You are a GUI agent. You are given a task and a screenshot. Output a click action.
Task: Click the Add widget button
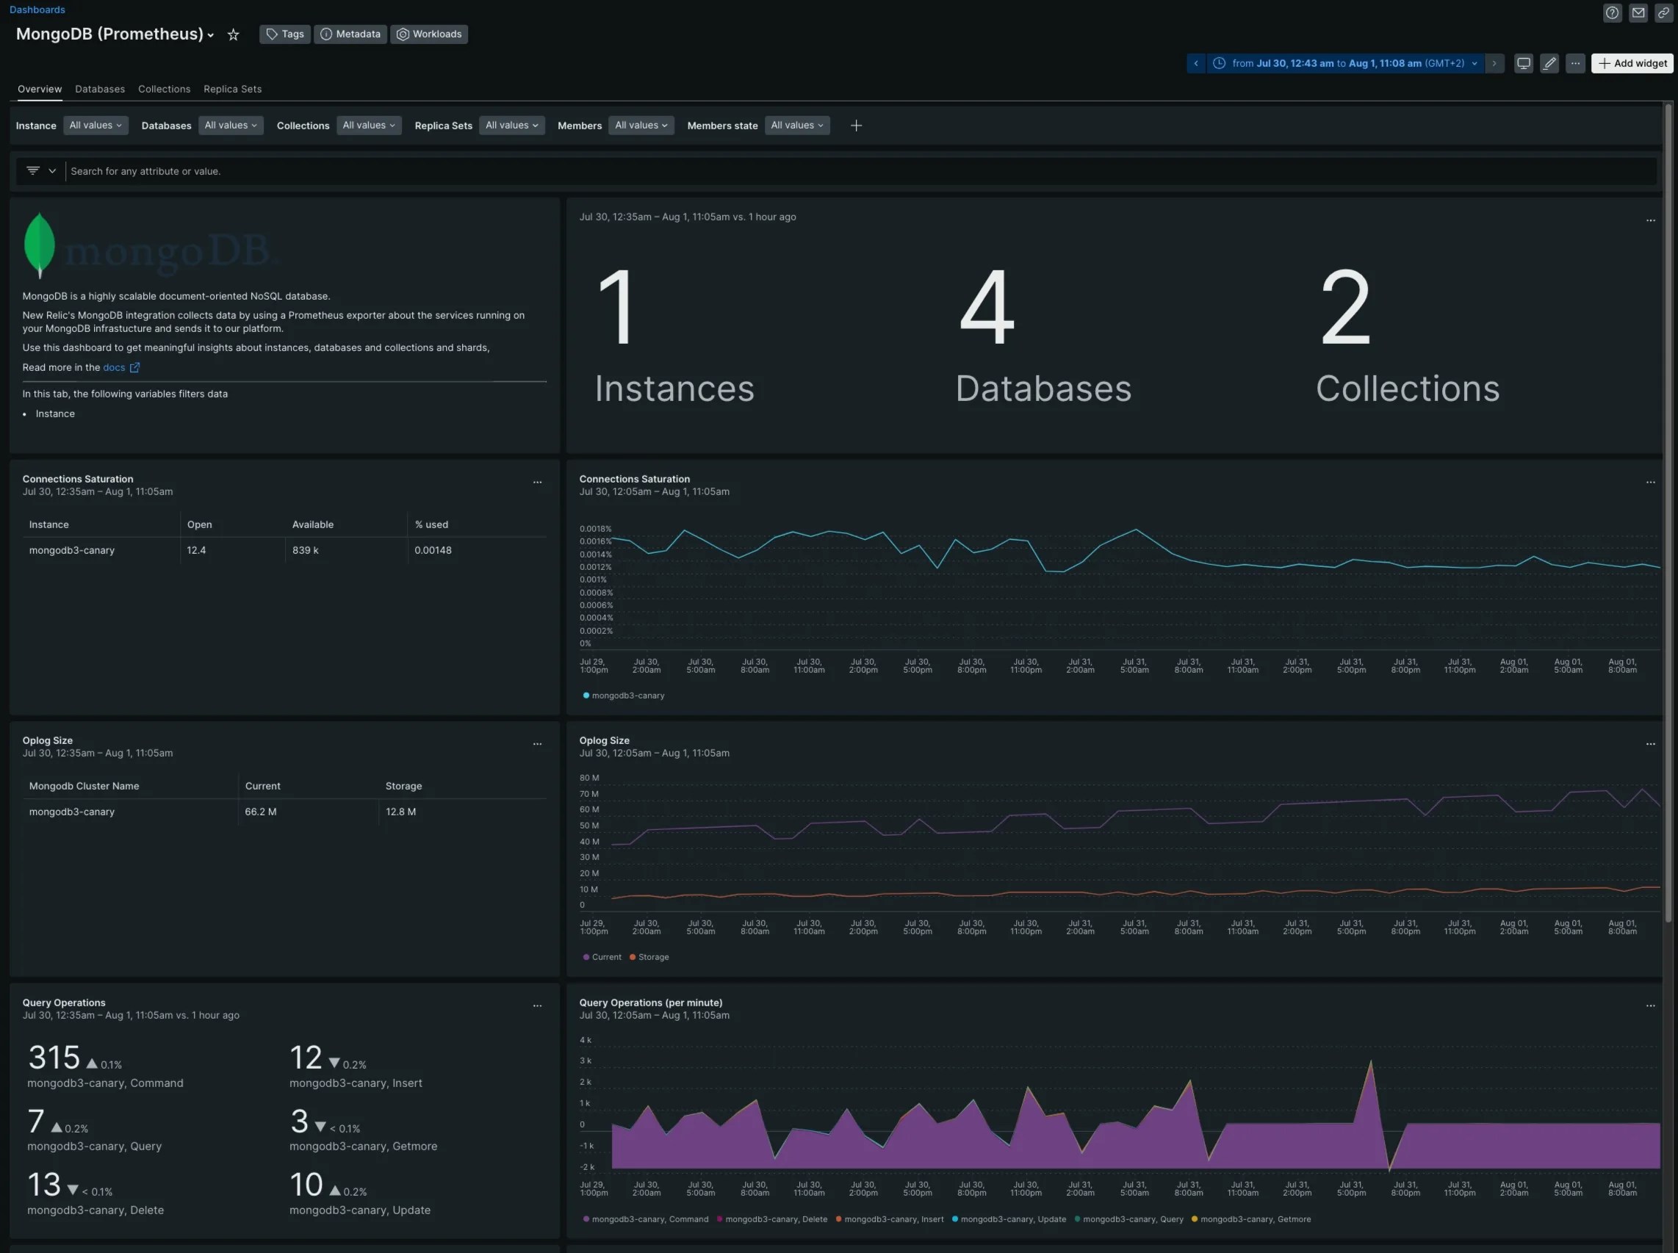point(1632,64)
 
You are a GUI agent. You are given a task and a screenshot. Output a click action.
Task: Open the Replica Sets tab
point(232,89)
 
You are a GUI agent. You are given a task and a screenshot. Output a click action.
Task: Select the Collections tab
point(164,89)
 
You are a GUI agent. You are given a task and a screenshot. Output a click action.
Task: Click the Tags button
point(284,34)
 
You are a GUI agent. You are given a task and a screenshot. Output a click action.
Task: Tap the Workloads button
point(428,34)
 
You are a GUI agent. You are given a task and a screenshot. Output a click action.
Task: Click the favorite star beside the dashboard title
point(234,35)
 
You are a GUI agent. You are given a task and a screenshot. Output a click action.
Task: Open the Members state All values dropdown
point(796,125)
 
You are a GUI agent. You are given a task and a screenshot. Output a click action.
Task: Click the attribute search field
point(835,171)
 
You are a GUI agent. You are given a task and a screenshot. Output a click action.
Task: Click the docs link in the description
point(114,367)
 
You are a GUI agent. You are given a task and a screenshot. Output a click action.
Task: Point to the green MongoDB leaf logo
point(40,245)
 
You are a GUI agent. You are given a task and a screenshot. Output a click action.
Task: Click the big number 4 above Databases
point(986,307)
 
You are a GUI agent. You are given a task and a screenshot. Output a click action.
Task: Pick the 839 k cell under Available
point(305,550)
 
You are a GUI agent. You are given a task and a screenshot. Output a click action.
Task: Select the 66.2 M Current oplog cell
point(260,812)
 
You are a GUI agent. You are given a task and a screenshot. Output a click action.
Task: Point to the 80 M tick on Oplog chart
point(588,778)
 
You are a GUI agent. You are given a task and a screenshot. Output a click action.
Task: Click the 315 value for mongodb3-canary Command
point(54,1058)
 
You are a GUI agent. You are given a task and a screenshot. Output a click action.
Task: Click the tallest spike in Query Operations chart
point(1371,1063)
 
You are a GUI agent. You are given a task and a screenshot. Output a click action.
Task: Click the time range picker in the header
point(1344,64)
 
